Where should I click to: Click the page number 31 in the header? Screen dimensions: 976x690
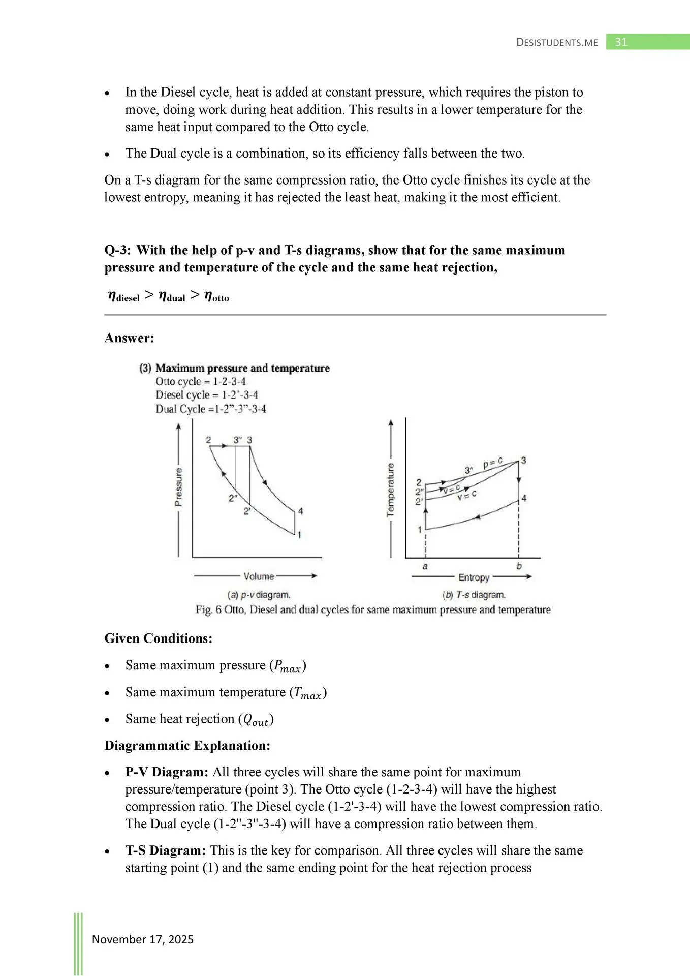click(x=621, y=42)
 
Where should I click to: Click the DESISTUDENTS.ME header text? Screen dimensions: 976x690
click(x=557, y=43)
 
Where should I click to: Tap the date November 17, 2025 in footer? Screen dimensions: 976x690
click(x=143, y=939)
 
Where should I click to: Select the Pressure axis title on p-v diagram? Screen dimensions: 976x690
click(x=178, y=487)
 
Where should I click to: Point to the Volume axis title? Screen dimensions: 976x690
click(x=259, y=576)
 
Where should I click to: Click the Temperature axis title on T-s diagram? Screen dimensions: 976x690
click(x=390, y=490)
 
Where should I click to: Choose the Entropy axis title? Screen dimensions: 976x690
click(x=474, y=577)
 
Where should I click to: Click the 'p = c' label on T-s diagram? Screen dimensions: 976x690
click(x=492, y=463)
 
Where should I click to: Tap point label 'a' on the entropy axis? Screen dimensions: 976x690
click(x=425, y=566)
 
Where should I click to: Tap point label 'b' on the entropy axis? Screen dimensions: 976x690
click(x=519, y=566)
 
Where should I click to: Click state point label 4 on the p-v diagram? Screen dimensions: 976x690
click(x=300, y=511)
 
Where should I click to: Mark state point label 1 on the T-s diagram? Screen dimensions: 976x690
click(x=420, y=530)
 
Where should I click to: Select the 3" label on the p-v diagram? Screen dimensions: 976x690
click(x=238, y=440)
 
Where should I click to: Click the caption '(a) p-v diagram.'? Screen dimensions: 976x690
click(x=259, y=595)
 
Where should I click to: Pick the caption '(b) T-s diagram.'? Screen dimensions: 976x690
click(x=474, y=595)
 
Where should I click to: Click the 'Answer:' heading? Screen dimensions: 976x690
click(x=129, y=338)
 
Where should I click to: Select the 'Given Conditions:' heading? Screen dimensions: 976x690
click(x=159, y=638)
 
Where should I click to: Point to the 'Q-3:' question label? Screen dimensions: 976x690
click(x=118, y=250)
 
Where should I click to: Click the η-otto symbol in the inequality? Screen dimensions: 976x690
click(x=216, y=296)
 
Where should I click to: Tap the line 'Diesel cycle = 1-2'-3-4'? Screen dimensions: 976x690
click(x=207, y=395)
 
